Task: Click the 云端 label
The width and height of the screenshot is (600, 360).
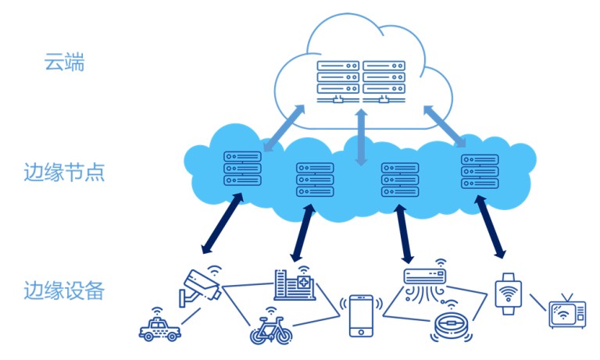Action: (x=64, y=62)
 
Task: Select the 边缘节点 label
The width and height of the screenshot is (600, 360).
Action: (x=64, y=172)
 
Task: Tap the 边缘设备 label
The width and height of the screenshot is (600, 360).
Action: (x=64, y=290)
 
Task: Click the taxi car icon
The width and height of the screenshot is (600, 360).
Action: (x=159, y=327)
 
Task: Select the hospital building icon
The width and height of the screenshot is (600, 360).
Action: (x=295, y=284)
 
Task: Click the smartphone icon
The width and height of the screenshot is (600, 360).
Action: (x=361, y=316)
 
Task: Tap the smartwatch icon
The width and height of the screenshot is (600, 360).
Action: (x=508, y=294)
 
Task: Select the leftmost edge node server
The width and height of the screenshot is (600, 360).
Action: (x=242, y=169)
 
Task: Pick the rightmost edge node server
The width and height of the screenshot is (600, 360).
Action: (x=480, y=171)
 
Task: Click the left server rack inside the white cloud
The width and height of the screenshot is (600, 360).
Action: (x=337, y=82)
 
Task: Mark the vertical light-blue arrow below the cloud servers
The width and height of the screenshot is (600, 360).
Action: (x=361, y=137)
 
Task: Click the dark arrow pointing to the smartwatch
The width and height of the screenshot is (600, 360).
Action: (x=491, y=227)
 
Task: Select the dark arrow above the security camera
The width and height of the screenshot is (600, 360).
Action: (x=223, y=223)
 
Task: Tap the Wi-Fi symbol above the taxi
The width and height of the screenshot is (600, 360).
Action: (x=157, y=310)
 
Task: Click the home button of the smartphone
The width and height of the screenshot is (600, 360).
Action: (x=361, y=332)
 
